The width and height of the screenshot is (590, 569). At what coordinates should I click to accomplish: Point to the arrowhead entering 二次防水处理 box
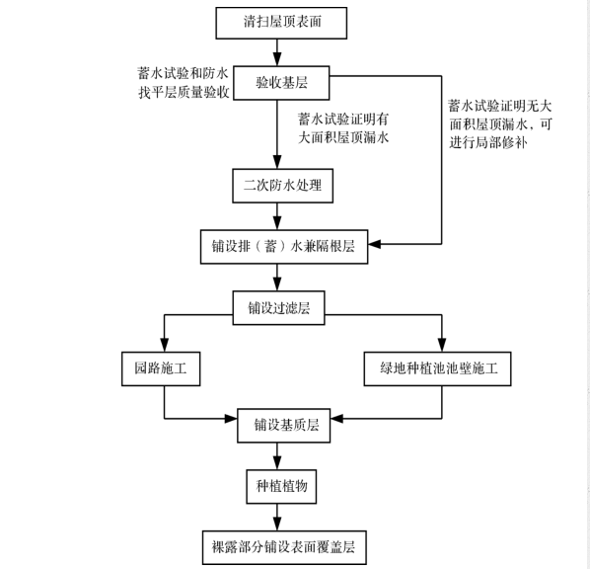[x=278, y=164]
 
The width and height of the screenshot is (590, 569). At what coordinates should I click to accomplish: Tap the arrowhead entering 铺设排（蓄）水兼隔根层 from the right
[x=377, y=244]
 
